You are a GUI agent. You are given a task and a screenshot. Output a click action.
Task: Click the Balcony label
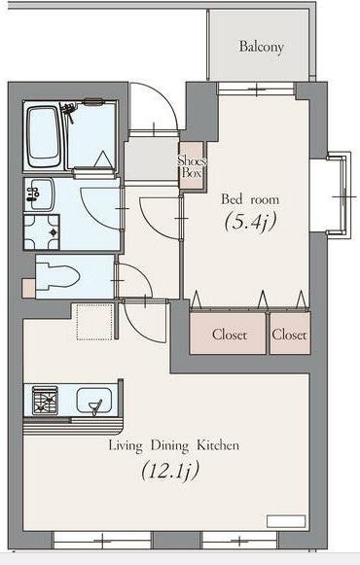262,47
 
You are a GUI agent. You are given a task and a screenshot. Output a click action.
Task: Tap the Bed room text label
250,199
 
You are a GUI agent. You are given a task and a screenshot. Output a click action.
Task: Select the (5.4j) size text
250,222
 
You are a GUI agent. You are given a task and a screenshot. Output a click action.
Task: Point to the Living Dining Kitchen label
174,445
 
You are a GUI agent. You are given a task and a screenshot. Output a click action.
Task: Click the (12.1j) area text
170,471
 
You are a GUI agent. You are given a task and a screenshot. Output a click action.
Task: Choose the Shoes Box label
192,166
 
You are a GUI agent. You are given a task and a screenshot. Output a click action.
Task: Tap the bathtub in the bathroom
44,136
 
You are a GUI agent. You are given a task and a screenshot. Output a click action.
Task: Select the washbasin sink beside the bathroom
39,194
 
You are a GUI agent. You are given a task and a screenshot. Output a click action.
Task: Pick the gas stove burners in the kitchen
46,400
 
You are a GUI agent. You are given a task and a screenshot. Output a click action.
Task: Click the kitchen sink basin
94,401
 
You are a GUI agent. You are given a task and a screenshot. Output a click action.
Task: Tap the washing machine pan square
42,231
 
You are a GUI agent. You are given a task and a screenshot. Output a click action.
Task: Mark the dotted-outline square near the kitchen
94,322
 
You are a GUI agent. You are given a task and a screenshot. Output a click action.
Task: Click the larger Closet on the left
229,334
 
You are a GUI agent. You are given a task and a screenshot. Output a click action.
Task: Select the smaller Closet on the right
290,334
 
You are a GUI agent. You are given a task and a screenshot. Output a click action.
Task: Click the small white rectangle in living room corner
286,521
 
